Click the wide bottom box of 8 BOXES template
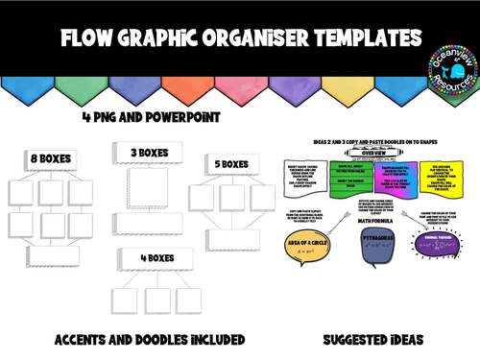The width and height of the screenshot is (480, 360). pyautogui.click(x=56, y=254)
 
